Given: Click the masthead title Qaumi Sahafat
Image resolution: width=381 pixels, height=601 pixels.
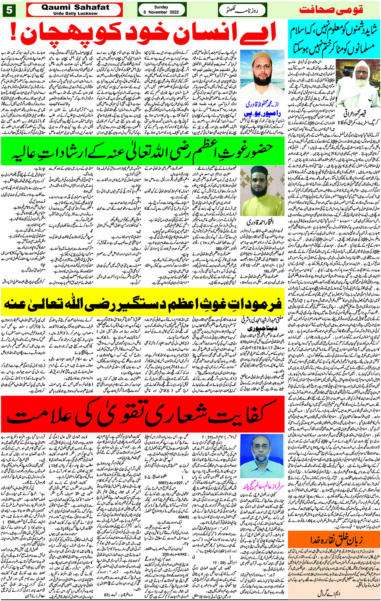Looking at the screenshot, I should [x=75, y=7].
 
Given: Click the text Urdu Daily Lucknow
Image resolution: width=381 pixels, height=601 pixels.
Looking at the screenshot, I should [x=75, y=13].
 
